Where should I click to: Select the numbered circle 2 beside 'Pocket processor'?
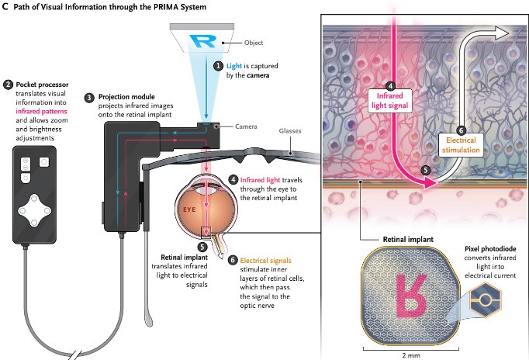(8, 83)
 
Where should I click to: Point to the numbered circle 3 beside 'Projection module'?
(89, 97)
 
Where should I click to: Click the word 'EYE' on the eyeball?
(188, 209)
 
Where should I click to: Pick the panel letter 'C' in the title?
(6, 8)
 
